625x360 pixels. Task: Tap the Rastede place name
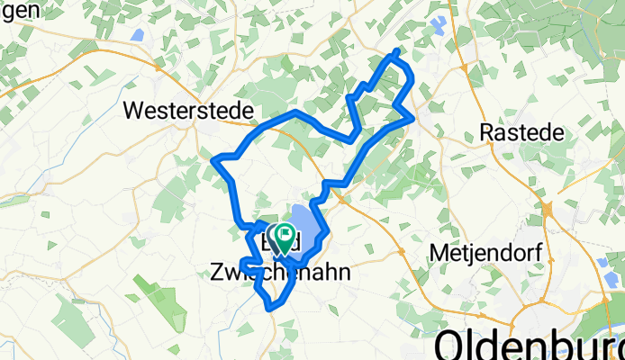click(x=522, y=132)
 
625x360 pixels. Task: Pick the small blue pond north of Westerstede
click(x=138, y=35)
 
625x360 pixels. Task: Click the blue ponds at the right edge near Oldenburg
click(x=603, y=264)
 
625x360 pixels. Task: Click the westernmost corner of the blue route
click(x=214, y=160)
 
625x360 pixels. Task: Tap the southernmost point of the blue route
click(x=269, y=308)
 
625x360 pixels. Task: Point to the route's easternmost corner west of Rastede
click(x=413, y=116)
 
